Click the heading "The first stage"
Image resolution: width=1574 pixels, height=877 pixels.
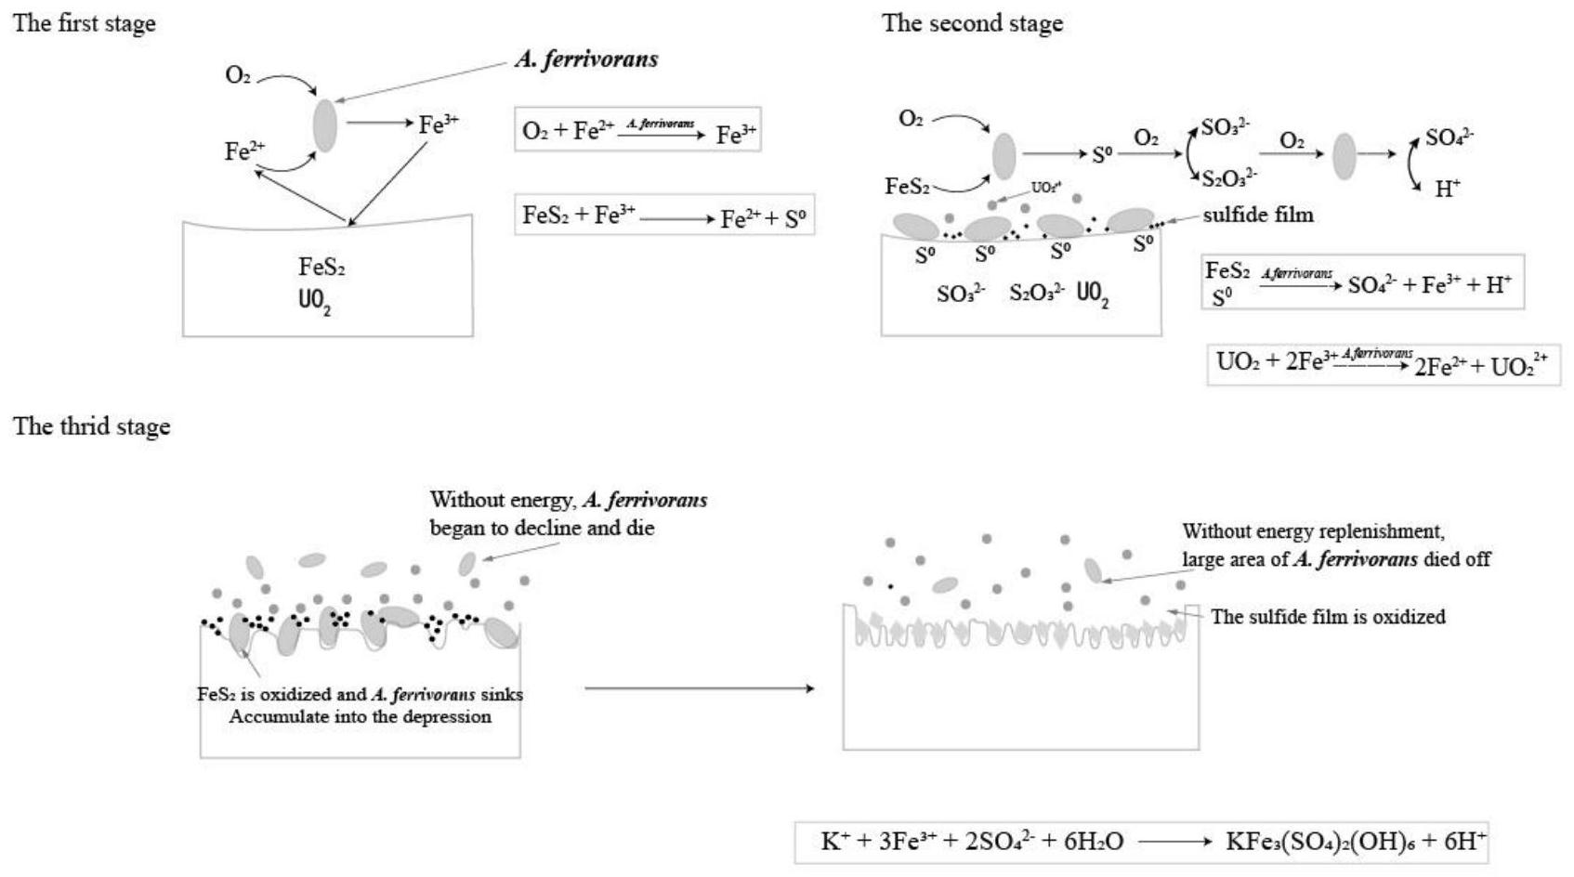pyautogui.click(x=84, y=23)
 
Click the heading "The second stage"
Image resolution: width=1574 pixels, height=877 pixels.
pyautogui.click(x=972, y=23)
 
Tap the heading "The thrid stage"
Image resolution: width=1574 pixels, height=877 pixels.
pyautogui.click(x=91, y=426)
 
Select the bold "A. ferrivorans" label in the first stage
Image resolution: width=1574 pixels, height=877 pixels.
pyautogui.click(x=586, y=59)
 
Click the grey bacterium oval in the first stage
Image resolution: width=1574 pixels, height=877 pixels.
pyautogui.click(x=324, y=125)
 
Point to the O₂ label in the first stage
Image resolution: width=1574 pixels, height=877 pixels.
pyautogui.click(x=238, y=75)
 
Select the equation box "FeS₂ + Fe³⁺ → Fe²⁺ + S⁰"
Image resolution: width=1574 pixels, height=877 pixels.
pyautogui.click(x=664, y=217)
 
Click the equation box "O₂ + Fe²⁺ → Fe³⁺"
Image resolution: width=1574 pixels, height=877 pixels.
pyautogui.click(x=637, y=131)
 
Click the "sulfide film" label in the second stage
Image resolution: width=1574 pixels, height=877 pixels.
pyautogui.click(x=1258, y=215)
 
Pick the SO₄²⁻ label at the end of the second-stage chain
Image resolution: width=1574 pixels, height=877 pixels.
pyautogui.click(x=1449, y=138)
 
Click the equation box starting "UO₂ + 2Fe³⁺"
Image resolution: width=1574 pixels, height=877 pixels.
pyautogui.click(x=1383, y=363)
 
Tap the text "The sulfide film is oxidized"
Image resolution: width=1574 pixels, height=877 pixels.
pyautogui.click(x=1328, y=617)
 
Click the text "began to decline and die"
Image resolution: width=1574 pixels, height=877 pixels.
pyautogui.click(x=542, y=528)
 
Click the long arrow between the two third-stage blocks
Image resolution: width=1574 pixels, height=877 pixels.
pyautogui.click(x=699, y=688)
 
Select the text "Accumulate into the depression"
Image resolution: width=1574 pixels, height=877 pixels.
pyautogui.click(x=360, y=716)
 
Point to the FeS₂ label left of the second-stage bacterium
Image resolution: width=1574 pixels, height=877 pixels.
pyautogui.click(x=907, y=187)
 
